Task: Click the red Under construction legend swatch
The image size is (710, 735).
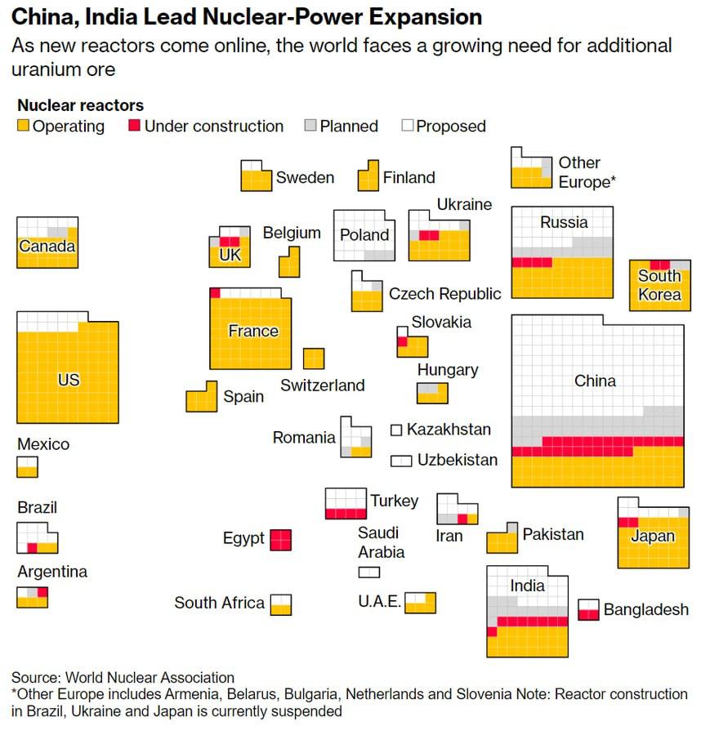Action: [134, 126]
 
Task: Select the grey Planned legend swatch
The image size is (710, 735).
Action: [310, 126]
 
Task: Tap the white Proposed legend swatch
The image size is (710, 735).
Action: [408, 126]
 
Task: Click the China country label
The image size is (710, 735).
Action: [595, 381]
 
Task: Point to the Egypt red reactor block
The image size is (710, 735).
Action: [281, 540]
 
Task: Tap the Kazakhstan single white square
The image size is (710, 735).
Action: [396, 430]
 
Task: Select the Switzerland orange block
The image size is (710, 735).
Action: [314, 359]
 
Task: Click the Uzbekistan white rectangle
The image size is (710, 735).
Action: [401, 461]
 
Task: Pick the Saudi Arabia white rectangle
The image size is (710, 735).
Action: [369, 572]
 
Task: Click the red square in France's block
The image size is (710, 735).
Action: [215, 293]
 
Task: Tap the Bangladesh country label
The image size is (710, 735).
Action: [645, 609]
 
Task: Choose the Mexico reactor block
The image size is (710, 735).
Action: [27, 467]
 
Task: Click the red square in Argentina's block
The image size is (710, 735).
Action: [42, 592]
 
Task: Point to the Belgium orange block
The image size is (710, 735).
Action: [289, 262]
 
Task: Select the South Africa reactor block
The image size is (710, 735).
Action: [281, 604]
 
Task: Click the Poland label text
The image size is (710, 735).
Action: [364, 235]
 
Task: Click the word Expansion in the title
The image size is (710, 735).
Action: [415, 16]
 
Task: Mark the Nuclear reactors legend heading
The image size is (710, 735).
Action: [80, 105]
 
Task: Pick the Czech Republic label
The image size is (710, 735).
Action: [444, 294]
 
